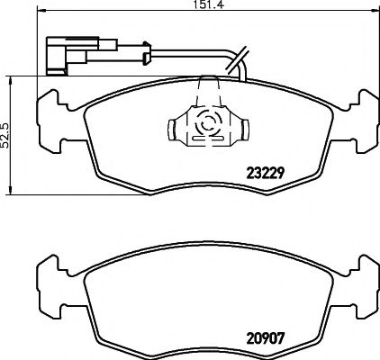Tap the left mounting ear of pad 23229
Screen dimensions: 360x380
(47, 115)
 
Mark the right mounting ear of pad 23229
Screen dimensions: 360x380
(363, 115)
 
